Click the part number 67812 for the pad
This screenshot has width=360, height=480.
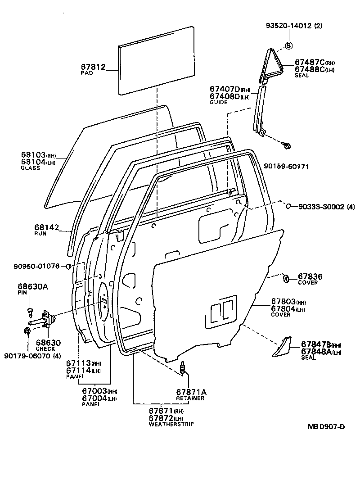point(93,67)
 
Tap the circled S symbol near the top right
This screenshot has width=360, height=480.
point(288,45)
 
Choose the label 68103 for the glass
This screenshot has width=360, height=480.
point(33,155)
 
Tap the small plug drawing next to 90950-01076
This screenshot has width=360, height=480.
point(69,266)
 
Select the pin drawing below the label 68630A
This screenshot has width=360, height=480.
point(30,311)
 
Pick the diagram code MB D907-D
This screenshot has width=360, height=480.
point(326,426)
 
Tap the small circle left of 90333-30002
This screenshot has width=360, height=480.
point(288,206)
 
